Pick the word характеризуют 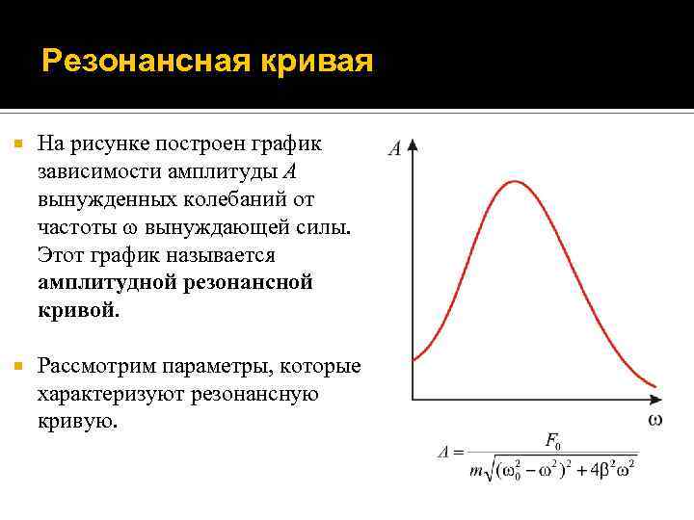[111, 395]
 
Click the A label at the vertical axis [395, 149]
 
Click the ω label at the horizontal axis [654, 420]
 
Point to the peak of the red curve [517, 181]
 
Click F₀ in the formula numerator [553, 441]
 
